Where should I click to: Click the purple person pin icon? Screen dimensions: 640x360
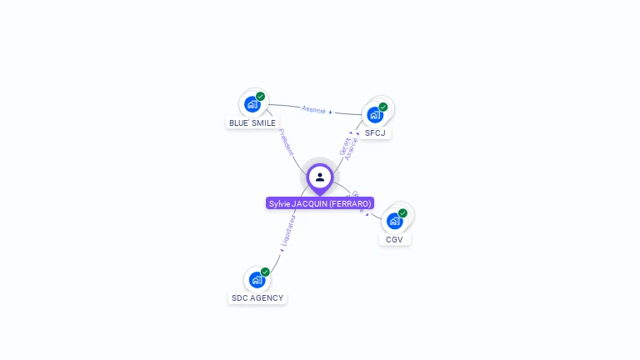[x=320, y=177]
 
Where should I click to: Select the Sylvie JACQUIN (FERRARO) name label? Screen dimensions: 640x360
[x=320, y=203]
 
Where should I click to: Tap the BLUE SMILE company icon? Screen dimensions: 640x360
[x=252, y=104]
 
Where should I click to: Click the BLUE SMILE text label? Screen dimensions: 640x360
[x=252, y=122]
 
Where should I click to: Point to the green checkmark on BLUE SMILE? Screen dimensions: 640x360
[x=261, y=97]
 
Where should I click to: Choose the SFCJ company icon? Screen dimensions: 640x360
[x=375, y=114]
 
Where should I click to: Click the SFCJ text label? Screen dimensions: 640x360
[x=375, y=132]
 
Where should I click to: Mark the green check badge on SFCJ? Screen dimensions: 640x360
[x=383, y=107]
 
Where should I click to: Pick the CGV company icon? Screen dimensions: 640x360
[x=395, y=221]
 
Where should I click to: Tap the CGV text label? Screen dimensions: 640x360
[x=395, y=239]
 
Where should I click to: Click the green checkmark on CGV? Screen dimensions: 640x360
[x=402, y=213]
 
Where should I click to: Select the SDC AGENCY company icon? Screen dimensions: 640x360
[x=257, y=280]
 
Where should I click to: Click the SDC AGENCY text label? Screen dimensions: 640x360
[x=257, y=297]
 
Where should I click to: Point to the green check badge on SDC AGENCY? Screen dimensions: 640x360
[x=265, y=272]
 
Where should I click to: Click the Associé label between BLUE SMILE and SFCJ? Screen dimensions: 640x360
[x=314, y=109]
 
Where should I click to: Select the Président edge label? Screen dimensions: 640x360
[x=285, y=142]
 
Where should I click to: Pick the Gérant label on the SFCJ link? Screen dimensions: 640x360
[x=344, y=143]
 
